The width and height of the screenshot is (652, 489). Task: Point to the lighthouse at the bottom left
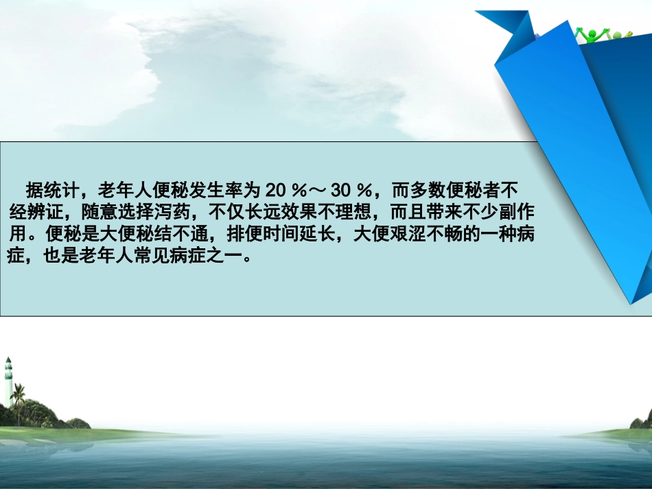point(8,381)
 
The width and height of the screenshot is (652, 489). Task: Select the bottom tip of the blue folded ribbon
point(631,302)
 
